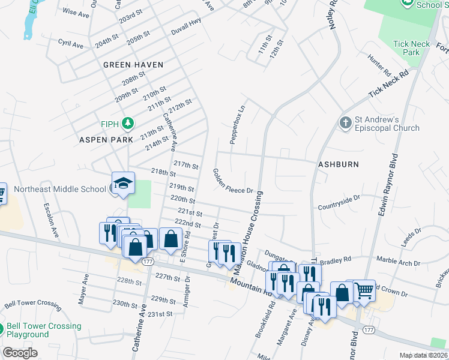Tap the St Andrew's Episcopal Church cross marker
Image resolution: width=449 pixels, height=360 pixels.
[x=345, y=123]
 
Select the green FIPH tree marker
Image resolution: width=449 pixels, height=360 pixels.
[x=127, y=124]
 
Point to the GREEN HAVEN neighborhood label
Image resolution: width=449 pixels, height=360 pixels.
[x=133, y=64]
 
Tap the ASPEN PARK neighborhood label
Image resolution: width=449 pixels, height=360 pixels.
[x=106, y=139]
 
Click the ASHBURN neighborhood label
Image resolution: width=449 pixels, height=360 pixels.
[x=338, y=164]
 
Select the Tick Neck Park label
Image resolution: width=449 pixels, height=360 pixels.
[x=411, y=48]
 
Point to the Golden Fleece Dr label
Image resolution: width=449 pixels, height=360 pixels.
[x=234, y=181]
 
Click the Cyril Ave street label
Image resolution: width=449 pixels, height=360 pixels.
[x=71, y=44]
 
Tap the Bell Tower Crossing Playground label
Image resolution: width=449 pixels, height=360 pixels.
[x=44, y=330]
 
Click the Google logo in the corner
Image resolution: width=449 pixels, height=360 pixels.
[x=20, y=353]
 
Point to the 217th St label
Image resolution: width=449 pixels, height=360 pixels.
[x=185, y=164]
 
